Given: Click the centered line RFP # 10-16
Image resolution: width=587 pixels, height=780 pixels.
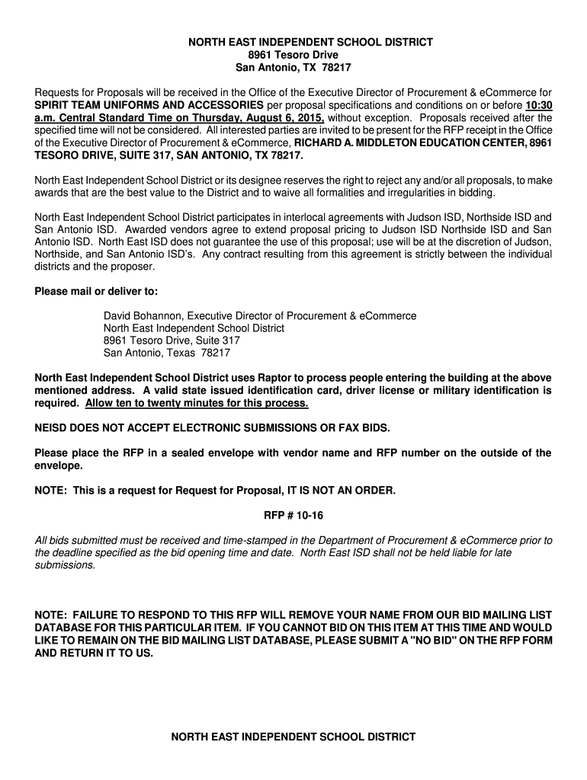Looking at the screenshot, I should click(x=293, y=516).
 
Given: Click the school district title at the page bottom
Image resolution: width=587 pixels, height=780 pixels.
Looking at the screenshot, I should click(x=293, y=737).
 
